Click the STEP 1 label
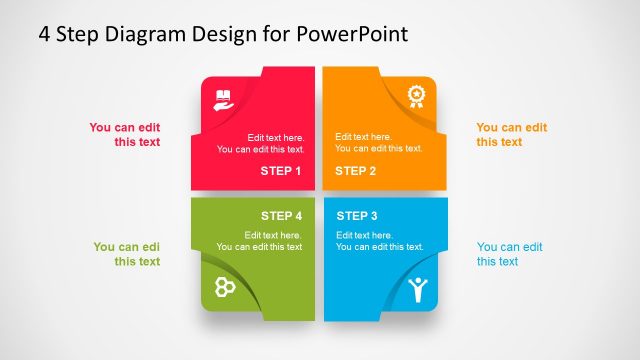point(280,171)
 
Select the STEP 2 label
point(356,171)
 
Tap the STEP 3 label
point(357,216)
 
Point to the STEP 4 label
point(281,216)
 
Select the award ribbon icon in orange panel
point(415,96)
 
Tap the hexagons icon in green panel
point(225,287)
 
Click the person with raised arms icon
point(417,290)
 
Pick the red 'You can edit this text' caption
point(124,135)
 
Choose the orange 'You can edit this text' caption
point(511,135)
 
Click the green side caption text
point(127,254)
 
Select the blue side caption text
point(509,254)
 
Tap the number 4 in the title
point(44,34)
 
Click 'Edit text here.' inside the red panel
point(275,138)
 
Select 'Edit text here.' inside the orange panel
point(362,137)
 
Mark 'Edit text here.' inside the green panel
point(275,235)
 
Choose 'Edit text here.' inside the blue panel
point(363,235)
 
